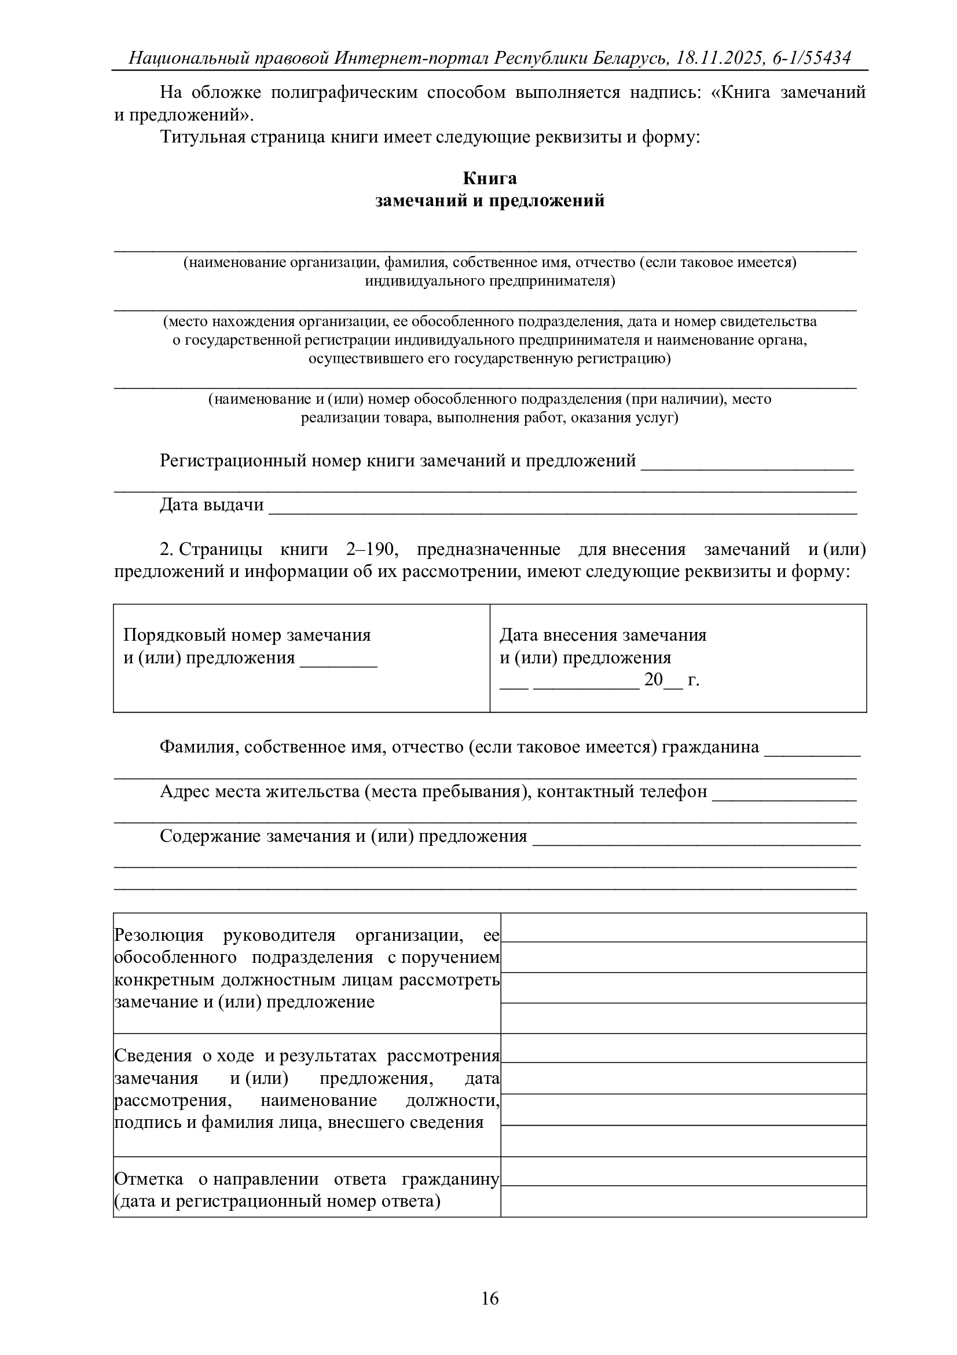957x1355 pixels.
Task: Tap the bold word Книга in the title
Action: pos(489,178)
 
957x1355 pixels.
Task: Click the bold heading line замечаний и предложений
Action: pos(489,200)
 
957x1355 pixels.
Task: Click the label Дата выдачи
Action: pos(211,505)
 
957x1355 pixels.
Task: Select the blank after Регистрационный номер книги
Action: pos(747,462)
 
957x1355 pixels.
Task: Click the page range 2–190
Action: pos(369,549)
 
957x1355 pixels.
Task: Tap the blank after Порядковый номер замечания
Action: pos(339,659)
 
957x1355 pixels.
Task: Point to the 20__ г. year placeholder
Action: pos(671,680)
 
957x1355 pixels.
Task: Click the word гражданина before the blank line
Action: pos(710,747)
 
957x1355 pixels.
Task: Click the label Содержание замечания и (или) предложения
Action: pos(343,837)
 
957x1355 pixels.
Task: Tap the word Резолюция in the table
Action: pos(159,936)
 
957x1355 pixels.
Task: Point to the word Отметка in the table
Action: pos(148,1178)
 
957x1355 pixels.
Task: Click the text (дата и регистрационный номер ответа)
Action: pos(277,1201)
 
